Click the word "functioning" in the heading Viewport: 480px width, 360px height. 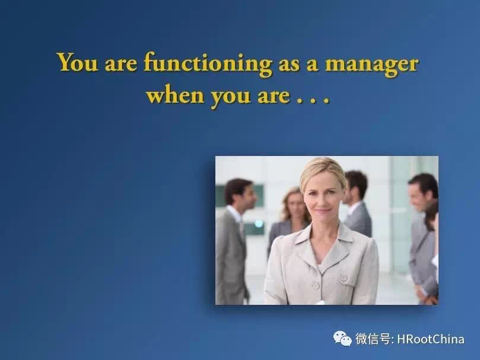[x=208, y=64]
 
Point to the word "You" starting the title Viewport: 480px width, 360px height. [x=78, y=62]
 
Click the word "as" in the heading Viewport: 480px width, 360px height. [x=289, y=65]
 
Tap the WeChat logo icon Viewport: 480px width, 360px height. [x=342, y=338]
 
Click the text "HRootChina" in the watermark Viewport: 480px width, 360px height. [x=430, y=339]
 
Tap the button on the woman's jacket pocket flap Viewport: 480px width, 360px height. [x=344, y=278]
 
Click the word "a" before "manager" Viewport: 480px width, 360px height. [x=312, y=65]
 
